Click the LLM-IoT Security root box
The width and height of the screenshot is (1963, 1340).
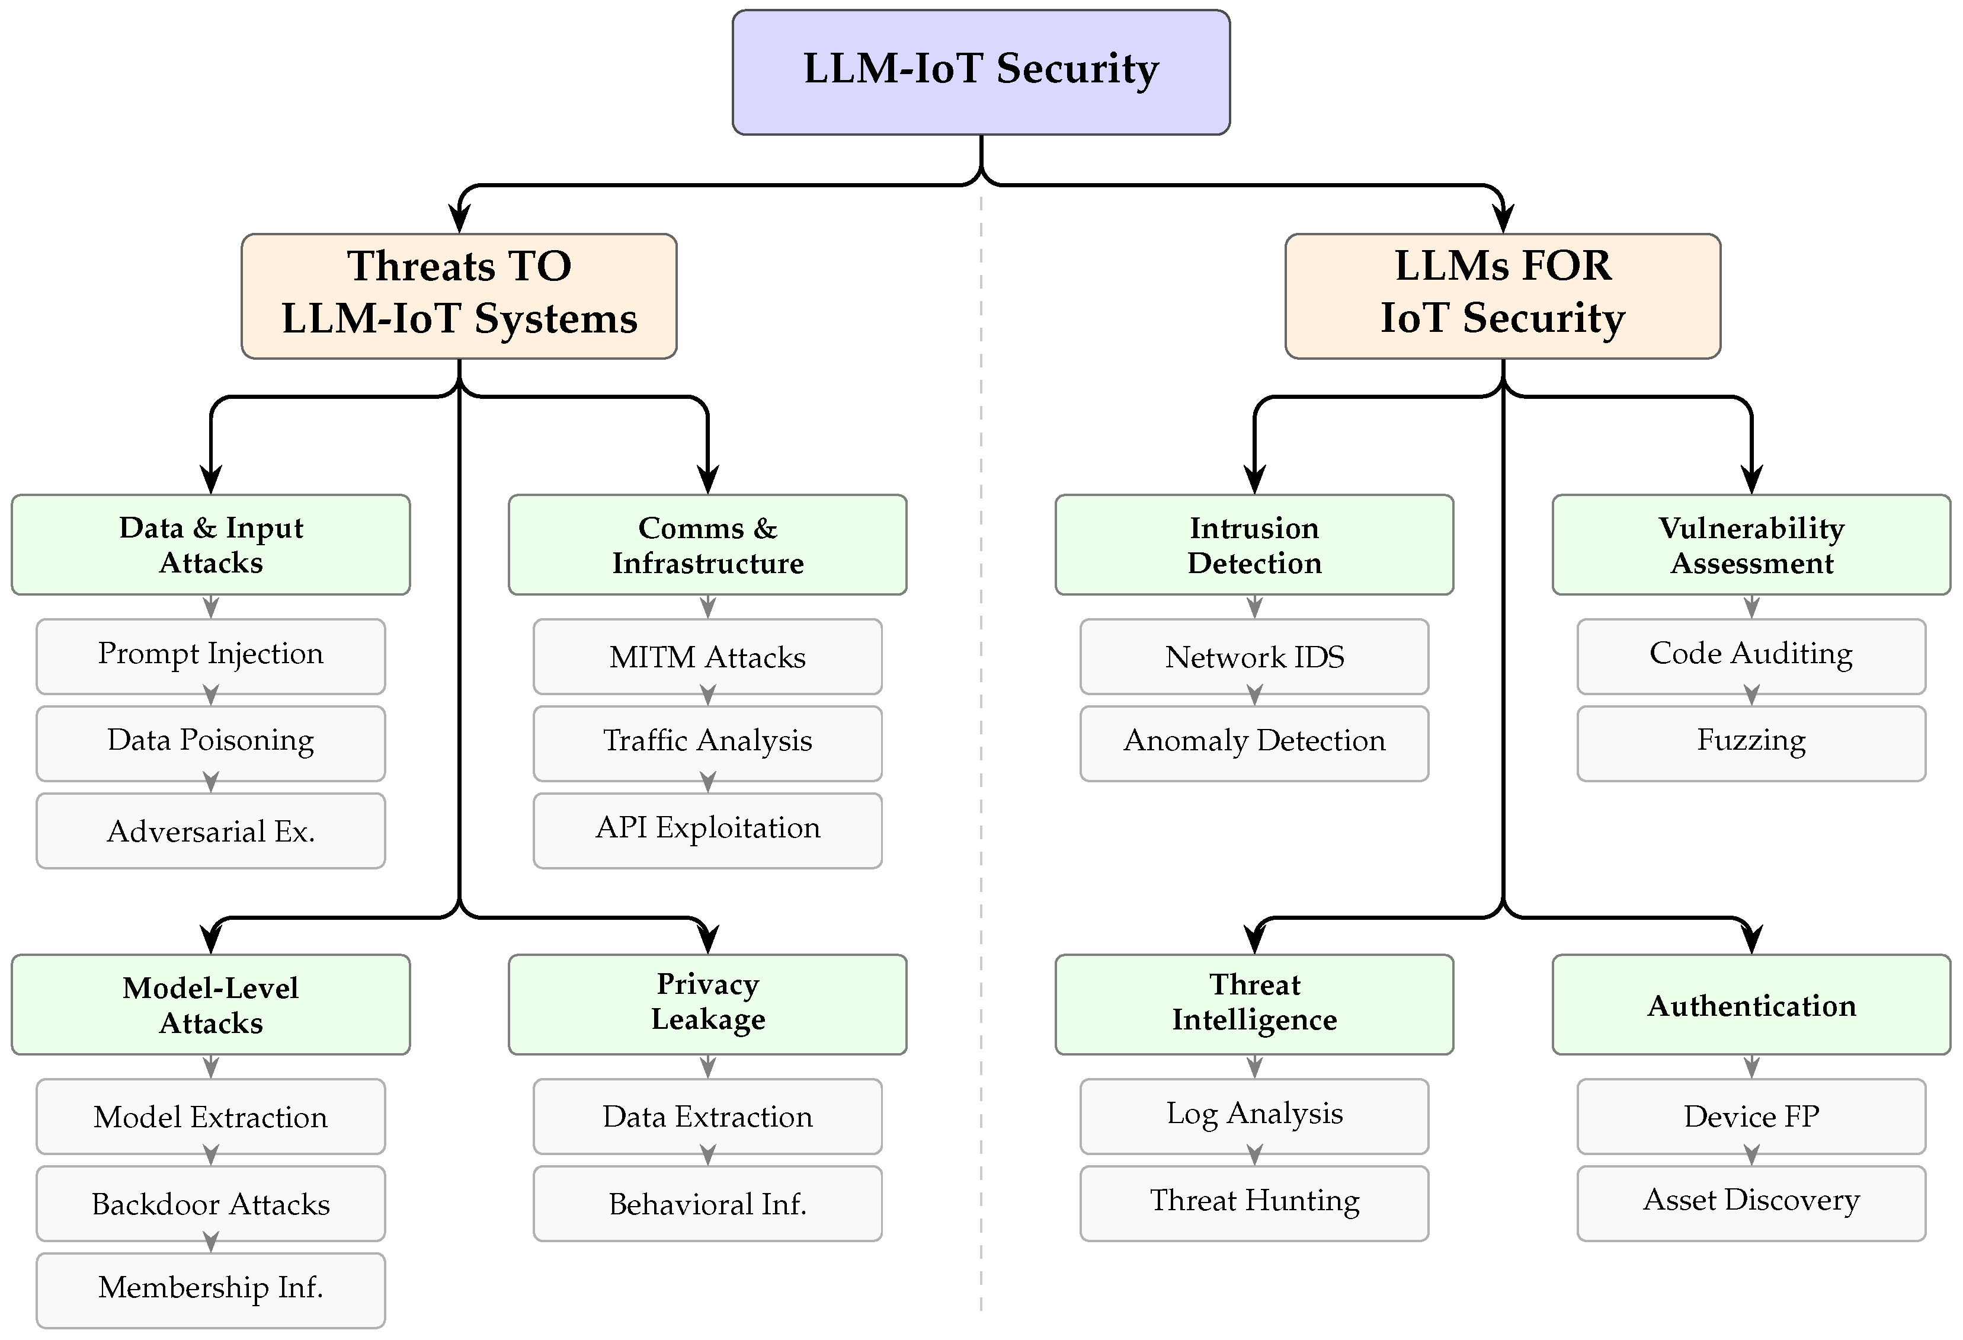coord(981,72)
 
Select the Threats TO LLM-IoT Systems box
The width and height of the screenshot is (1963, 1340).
coord(459,296)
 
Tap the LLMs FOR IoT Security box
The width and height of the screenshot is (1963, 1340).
coord(1503,296)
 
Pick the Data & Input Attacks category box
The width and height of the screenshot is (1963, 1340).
coord(210,545)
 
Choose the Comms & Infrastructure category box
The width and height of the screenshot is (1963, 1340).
coord(708,545)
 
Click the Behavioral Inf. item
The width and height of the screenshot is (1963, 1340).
coord(708,1203)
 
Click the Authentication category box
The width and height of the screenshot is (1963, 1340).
coord(1752,1005)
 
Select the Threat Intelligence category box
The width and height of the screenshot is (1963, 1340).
coord(1254,1005)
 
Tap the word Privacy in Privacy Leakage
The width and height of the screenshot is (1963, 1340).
coord(708,985)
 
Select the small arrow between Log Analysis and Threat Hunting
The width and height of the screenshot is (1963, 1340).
coord(1254,1156)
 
